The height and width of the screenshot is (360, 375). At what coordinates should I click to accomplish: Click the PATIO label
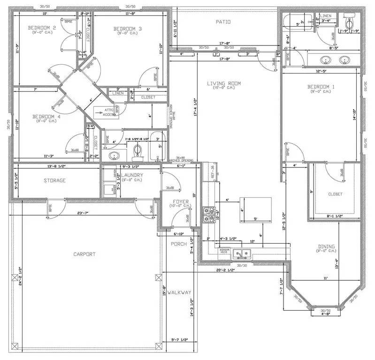[223, 22]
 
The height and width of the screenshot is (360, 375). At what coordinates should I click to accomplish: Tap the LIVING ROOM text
[224, 83]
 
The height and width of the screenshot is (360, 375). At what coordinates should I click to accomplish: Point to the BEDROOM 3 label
[127, 29]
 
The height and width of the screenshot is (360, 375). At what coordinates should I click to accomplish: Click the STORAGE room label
[54, 180]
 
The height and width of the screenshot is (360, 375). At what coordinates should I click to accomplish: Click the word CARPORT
[84, 254]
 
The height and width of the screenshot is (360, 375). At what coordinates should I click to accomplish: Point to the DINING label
[326, 247]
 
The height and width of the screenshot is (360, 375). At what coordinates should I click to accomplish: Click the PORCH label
[178, 244]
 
